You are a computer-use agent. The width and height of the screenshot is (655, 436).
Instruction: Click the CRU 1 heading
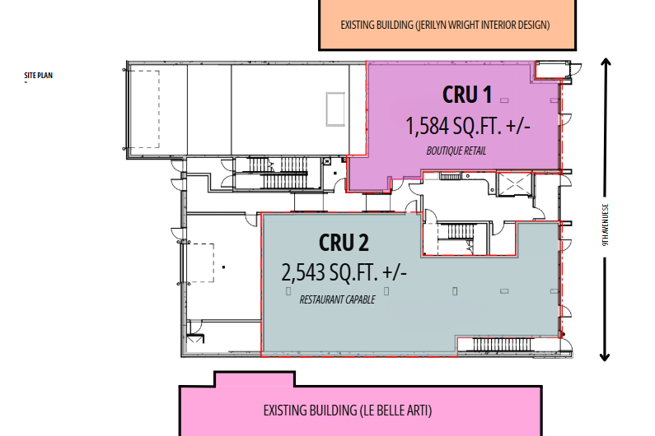(467, 95)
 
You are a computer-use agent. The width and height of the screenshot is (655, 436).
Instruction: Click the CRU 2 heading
(344, 243)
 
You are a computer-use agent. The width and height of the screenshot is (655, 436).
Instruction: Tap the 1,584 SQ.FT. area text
(468, 126)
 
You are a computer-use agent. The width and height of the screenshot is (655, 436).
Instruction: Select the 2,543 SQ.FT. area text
(344, 272)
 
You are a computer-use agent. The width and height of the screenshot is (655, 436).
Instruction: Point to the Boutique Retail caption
(456, 151)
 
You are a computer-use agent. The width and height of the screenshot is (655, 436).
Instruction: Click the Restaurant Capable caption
(337, 299)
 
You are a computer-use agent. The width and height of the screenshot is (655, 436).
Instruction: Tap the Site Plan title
(39, 76)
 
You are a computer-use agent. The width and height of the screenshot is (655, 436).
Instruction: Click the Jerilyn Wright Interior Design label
(445, 25)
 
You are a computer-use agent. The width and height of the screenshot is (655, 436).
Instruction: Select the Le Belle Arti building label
(348, 410)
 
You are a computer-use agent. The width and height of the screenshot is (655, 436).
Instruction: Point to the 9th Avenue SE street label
(606, 225)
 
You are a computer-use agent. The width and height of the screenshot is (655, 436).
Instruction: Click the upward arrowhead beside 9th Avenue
(606, 63)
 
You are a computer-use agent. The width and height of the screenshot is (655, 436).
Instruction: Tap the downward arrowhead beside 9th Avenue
(605, 357)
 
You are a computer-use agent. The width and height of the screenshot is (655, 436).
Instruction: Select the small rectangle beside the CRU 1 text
(504, 100)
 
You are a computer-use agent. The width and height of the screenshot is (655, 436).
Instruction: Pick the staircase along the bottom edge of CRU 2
(503, 345)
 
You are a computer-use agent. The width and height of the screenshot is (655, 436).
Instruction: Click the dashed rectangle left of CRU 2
(199, 263)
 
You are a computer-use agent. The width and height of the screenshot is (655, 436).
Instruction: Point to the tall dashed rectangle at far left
(143, 109)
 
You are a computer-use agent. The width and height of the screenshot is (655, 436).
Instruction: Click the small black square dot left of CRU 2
(223, 267)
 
